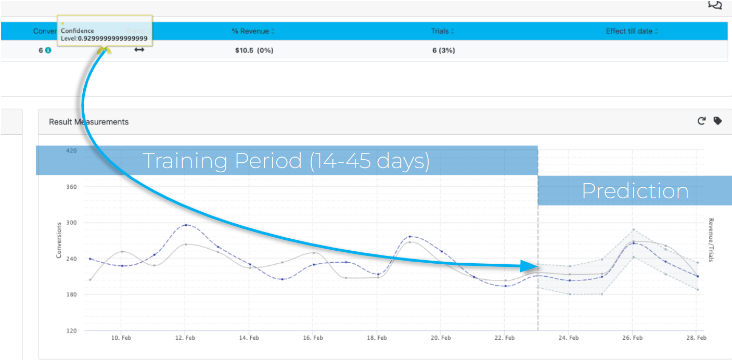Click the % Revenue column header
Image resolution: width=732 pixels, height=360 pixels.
[252, 31]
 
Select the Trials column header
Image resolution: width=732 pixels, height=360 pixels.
[442, 31]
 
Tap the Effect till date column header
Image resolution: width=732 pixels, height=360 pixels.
[632, 31]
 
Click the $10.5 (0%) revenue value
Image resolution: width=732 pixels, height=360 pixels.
[254, 50]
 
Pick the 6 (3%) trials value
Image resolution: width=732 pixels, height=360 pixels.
[443, 50]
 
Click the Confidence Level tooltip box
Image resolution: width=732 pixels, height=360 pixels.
[105, 32]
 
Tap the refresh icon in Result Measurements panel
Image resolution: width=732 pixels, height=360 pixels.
[701, 121]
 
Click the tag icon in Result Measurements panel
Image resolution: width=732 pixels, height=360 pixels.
[717, 121]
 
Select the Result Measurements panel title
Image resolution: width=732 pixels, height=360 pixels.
[88, 122]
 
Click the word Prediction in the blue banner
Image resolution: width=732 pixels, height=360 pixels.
[635, 191]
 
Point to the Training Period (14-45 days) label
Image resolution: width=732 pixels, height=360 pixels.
[286, 161]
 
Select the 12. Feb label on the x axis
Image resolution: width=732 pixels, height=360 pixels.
[185, 338]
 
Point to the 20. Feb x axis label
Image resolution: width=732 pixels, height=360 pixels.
[440, 338]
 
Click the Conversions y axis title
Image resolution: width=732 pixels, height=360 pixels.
[59, 240]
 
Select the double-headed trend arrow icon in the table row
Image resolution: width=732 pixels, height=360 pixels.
[139, 50]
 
